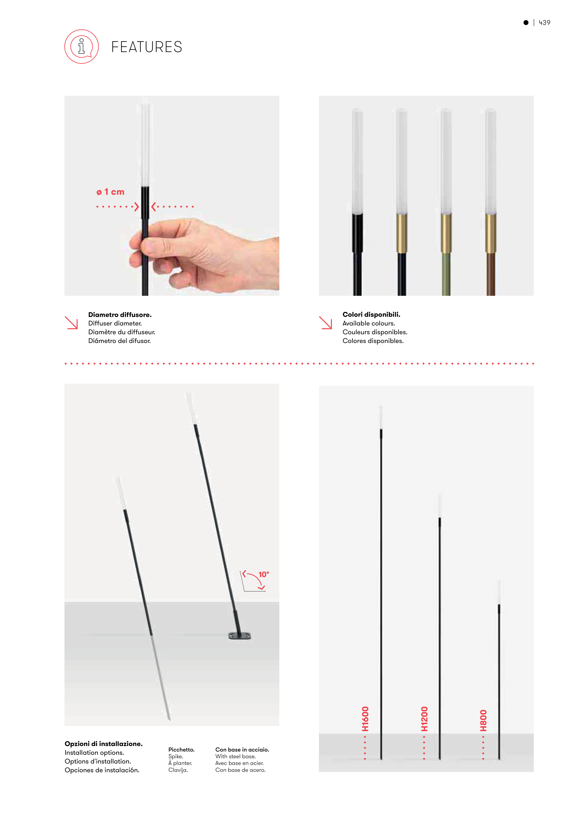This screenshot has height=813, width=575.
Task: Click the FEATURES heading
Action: [x=147, y=47]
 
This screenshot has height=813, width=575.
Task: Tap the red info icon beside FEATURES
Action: [x=82, y=46]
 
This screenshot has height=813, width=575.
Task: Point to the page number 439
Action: [x=545, y=22]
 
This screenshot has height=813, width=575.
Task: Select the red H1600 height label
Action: [x=365, y=719]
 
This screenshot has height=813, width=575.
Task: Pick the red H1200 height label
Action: [x=424, y=719]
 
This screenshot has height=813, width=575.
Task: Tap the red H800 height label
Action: [x=484, y=720]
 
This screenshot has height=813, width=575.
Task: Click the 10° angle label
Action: [x=264, y=574]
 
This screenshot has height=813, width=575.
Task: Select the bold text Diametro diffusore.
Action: [x=120, y=314]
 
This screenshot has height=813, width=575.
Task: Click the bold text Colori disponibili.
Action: [x=371, y=314]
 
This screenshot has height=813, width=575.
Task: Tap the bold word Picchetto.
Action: [x=181, y=750]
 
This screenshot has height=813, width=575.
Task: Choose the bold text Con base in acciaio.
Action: [x=242, y=750]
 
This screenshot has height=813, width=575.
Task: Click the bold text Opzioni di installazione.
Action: [x=103, y=743]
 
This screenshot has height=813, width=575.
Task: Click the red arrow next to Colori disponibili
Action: [x=326, y=322]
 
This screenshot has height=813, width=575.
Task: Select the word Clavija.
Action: [x=178, y=770]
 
